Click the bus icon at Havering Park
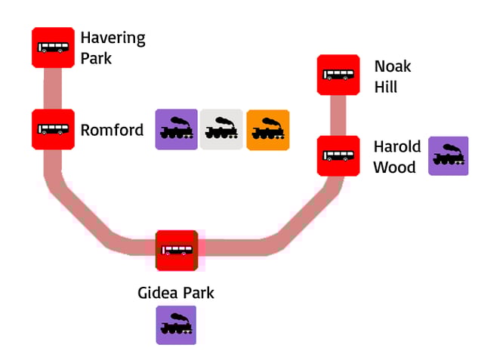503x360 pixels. pos(53,48)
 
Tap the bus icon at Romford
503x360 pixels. pos(53,128)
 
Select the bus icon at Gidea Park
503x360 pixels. pos(177,251)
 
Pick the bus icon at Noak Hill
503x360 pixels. pos(338,75)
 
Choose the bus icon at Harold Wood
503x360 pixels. pos(338,155)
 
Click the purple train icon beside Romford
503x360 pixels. pos(177,130)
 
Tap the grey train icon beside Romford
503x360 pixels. pos(222,130)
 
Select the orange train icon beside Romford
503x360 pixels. pos(267,130)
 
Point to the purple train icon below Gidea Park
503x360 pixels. pos(177,325)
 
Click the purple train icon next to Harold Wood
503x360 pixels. pos(448,156)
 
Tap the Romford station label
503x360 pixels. pos(112,131)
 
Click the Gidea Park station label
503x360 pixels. pos(176,293)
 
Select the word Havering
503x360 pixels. pos(113,38)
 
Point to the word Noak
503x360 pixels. pos(393,66)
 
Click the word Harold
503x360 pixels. pos(397,146)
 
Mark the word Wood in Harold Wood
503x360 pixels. pos(394,167)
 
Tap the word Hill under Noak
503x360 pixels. pos(385,88)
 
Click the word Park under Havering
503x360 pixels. pos(96,58)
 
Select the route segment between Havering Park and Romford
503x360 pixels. pos(53,88)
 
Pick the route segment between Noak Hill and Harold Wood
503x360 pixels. pos(338,115)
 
